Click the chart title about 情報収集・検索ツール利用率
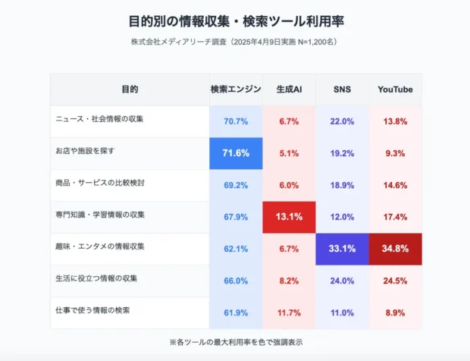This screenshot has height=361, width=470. tap(235, 20)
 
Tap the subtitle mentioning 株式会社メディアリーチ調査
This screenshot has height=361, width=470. tap(235, 42)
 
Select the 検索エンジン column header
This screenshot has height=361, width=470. tap(236, 89)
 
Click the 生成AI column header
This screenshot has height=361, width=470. tap(289, 89)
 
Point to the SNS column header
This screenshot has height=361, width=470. tap(342, 89)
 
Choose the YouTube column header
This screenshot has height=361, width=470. tap(395, 89)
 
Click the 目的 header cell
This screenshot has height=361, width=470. tap(130, 89)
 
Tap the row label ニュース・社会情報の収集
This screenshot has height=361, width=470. tap(100, 119)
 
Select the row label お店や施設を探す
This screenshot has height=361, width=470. tap(86, 151)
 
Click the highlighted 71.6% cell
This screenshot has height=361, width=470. tap(236, 153)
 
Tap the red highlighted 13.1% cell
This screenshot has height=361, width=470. tap(289, 217)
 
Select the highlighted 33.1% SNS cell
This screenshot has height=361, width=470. tap(342, 249)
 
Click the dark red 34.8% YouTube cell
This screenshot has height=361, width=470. tap(395, 249)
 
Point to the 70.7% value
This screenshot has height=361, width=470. tap(236, 121)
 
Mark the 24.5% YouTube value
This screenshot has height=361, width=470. tap(395, 281)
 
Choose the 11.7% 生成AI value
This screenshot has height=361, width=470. tap(289, 312)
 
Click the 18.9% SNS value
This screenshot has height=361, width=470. tap(342, 185)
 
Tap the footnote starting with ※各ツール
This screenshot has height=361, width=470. tap(235, 342)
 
